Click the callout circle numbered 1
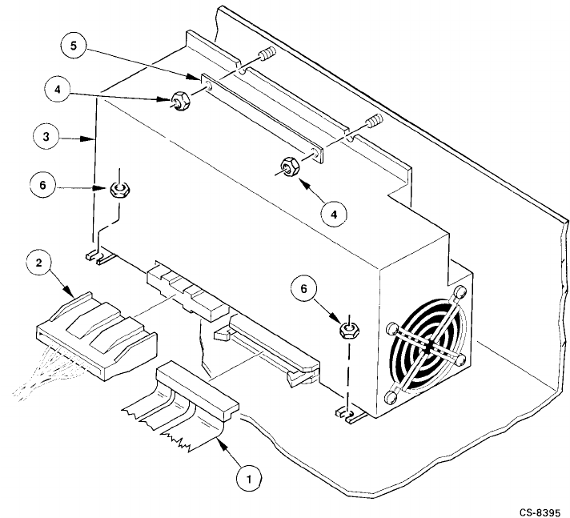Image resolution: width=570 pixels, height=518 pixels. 249,479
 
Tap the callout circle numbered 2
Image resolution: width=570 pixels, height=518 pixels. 39,263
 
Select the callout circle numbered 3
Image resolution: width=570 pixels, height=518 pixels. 46,137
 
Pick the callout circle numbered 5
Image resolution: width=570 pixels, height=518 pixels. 74,46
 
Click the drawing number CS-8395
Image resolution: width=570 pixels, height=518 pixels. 540,512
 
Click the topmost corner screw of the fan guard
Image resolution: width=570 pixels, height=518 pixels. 460,292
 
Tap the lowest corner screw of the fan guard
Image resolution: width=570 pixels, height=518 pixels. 392,397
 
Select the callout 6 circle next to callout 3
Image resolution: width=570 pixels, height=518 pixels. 42,185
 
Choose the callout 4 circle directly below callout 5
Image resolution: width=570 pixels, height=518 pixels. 57,90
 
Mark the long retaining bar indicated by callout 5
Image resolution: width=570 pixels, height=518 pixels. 261,118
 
